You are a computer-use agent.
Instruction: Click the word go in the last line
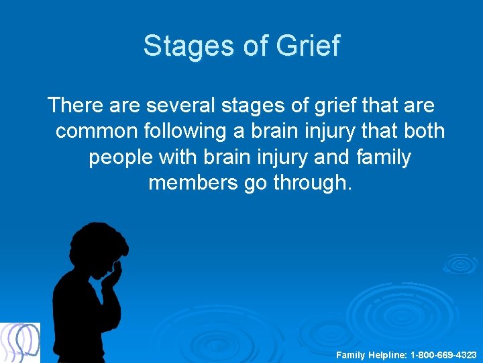point(255,184)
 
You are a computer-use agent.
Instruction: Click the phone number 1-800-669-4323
point(443,354)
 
